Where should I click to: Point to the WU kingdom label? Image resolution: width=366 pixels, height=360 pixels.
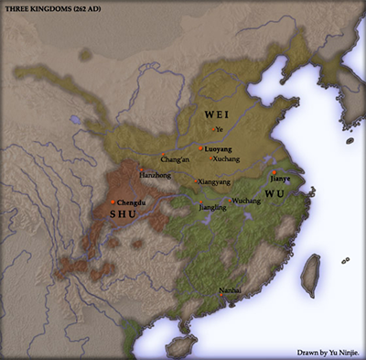pos(274,194)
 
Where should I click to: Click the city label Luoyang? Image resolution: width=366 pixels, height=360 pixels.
pos(217,147)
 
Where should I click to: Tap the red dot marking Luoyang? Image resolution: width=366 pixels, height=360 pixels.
pos(201,147)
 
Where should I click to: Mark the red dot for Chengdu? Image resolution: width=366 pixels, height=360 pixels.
pos(113,202)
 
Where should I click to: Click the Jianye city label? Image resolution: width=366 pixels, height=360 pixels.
pos(280,180)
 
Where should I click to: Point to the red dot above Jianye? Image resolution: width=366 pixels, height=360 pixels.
pos(274,171)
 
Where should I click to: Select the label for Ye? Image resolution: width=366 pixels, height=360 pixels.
pos(219,129)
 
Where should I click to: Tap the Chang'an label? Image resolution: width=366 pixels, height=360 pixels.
pos(176,159)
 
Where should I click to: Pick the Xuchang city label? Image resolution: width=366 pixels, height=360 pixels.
pos(226,158)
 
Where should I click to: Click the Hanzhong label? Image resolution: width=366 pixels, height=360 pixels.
pos(154,174)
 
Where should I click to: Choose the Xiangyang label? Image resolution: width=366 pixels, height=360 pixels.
pos(213,182)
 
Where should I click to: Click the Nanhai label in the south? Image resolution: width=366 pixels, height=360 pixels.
pos(230,290)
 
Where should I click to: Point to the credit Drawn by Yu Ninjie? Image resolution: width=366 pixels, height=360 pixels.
pos(328,351)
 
